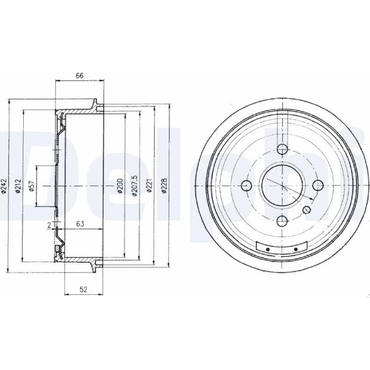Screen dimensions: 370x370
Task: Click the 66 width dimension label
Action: (x=79, y=76)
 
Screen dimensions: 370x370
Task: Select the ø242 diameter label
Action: (x=4, y=187)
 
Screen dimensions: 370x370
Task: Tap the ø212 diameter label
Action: (x=18, y=187)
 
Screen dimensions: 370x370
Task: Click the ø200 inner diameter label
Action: (x=120, y=186)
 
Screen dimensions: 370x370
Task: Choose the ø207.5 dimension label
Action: (x=134, y=186)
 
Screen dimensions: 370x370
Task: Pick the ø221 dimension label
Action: (x=149, y=186)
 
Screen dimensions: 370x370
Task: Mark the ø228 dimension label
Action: (x=164, y=186)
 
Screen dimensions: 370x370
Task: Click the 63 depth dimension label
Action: (x=80, y=224)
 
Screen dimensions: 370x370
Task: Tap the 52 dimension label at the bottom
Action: (x=84, y=289)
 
